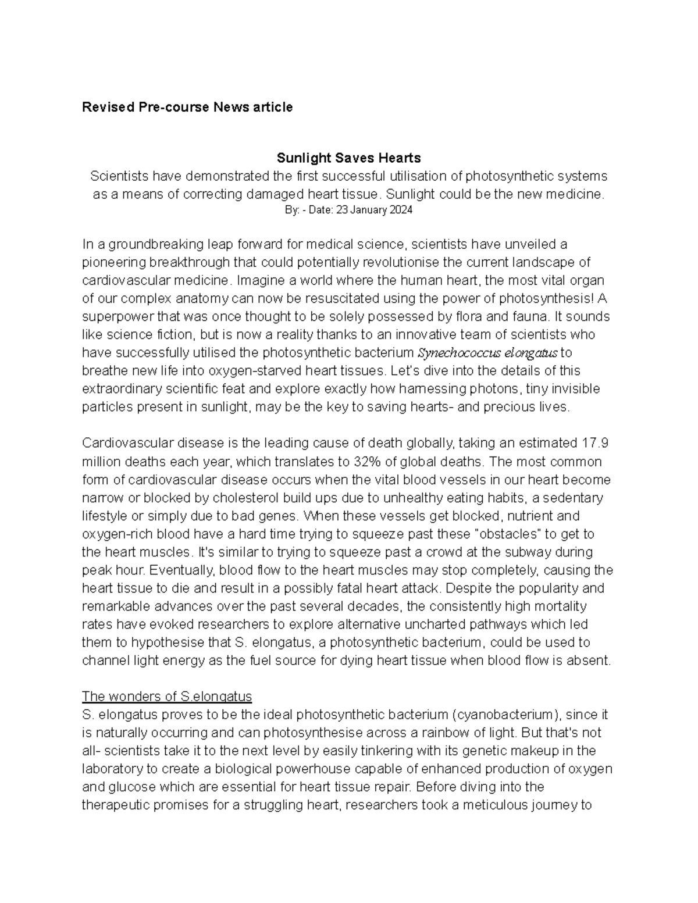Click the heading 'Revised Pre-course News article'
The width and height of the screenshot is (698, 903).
click(x=187, y=108)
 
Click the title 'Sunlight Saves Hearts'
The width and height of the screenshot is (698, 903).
click(x=348, y=158)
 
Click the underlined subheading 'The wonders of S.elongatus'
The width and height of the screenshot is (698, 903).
click(x=166, y=697)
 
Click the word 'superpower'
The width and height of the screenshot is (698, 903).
click(x=115, y=317)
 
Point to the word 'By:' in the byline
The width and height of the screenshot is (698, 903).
click(x=291, y=210)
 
